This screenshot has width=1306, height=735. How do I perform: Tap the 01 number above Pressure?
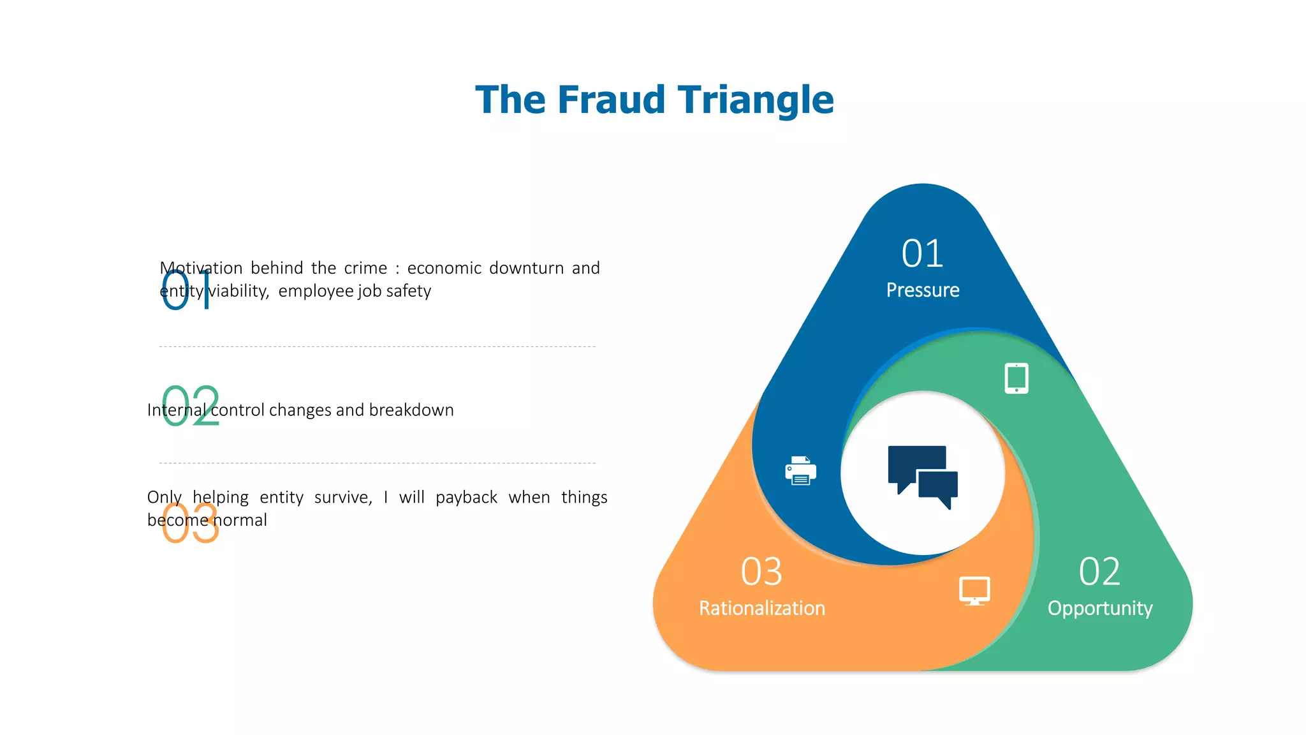point(922,253)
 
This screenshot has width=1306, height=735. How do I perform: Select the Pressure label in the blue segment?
point(922,290)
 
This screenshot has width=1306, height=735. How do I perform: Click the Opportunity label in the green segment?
point(1099,608)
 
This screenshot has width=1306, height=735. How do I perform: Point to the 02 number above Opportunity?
point(1099,571)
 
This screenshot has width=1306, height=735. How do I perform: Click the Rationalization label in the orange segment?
point(761,608)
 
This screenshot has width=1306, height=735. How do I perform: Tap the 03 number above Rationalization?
point(761,571)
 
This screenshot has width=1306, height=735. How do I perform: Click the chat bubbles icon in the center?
point(922,476)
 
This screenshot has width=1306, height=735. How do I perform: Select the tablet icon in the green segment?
point(1016,378)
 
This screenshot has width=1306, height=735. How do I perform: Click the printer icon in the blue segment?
point(800,471)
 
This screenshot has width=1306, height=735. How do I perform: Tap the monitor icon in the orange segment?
point(974,591)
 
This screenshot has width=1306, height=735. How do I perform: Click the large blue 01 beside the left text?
point(186,290)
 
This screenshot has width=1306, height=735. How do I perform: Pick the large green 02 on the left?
point(190,406)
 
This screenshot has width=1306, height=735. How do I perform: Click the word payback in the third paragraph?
point(466,497)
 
